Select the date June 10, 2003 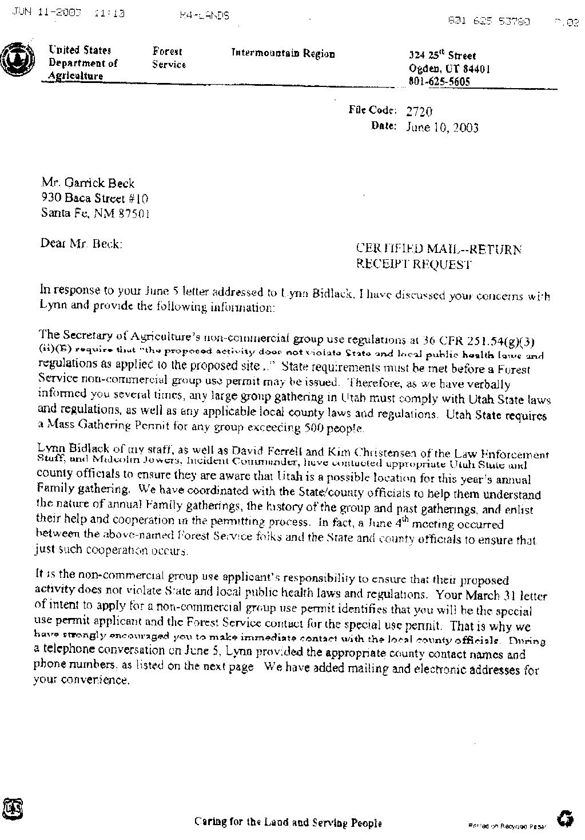coord(441,128)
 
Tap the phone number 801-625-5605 coord(439,82)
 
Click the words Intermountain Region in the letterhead coord(282,54)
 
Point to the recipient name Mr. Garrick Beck coord(87,184)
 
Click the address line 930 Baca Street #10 coord(94,199)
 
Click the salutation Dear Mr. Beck coord(81,243)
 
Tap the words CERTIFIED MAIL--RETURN coord(439,249)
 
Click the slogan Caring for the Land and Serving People coord(288,822)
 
